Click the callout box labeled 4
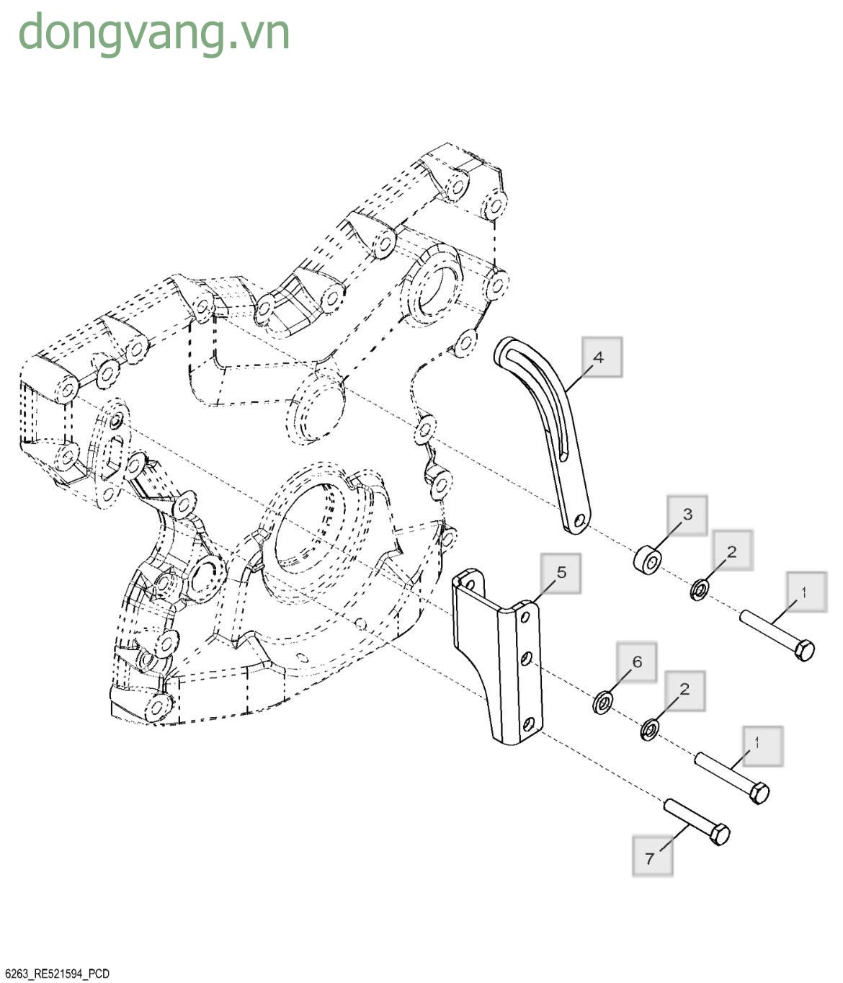[x=602, y=357]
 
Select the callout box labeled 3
[x=687, y=515]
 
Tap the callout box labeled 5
[x=561, y=573]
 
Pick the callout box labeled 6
[x=636, y=662]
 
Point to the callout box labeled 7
[x=652, y=856]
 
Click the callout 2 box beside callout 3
[x=732, y=551]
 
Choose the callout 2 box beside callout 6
[x=684, y=690]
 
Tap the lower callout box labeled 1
[x=761, y=745]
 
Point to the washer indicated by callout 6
[x=602, y=701]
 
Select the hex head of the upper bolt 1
[x=804, y=649]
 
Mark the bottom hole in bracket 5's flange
[x=530, y=723]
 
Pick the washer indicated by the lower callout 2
[x=648, y=730]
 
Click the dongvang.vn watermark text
[x=154, y=33]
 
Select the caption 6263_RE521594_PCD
[x=56, y=974]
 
